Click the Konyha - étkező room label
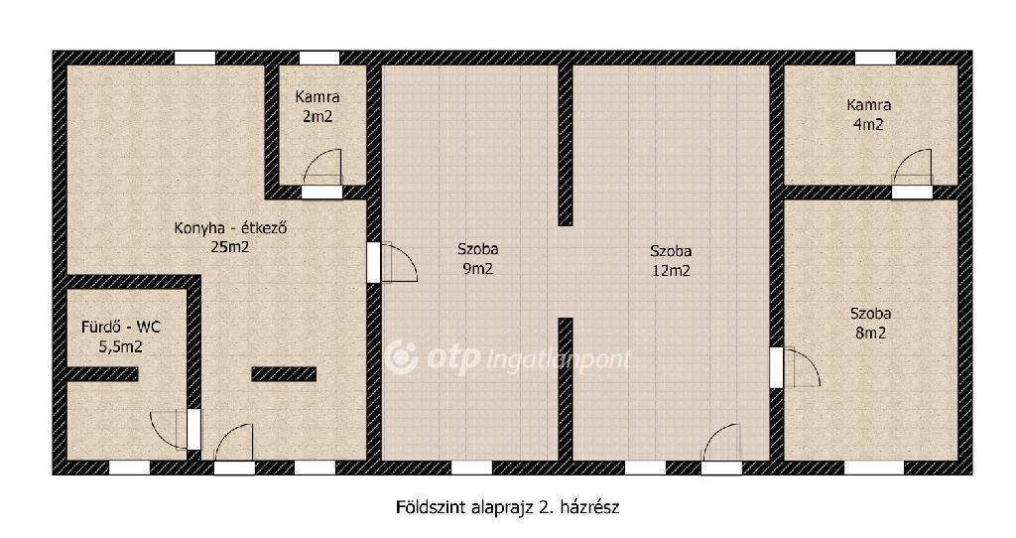point(230,228)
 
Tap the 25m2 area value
point(230,247)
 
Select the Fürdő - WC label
point(120,327)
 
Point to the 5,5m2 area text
point(120,346)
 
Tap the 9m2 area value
point(477,268)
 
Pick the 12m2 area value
point(671,271)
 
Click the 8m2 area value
point(870,334)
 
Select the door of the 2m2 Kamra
point(322,174)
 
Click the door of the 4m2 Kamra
point(913,174)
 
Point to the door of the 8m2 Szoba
point(795,367)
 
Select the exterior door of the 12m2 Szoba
point(721,449)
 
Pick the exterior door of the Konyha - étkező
point(234,449)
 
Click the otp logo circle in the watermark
point(401,357)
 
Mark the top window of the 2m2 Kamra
point(319,58)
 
